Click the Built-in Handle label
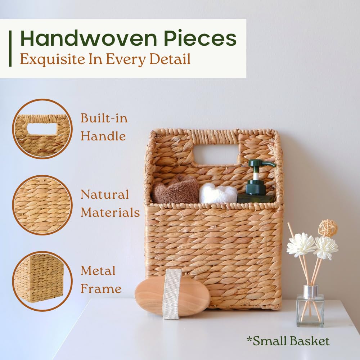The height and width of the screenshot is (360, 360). (x=104, y=127)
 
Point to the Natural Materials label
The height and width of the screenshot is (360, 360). (x=110, y=203)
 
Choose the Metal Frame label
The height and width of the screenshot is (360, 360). (x=101, y=280)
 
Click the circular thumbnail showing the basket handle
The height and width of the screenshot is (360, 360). (x=42, y=129)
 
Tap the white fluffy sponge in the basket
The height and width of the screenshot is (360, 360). (x=218, y=194)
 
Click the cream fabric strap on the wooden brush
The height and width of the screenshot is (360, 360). (x=172, y=293)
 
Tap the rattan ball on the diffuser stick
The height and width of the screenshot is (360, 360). (x=328, y=228)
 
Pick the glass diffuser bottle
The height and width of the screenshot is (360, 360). (x=310, y=310)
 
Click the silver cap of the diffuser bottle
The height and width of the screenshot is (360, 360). (x=310, y=291)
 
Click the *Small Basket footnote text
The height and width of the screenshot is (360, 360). (x=288, y=341)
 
